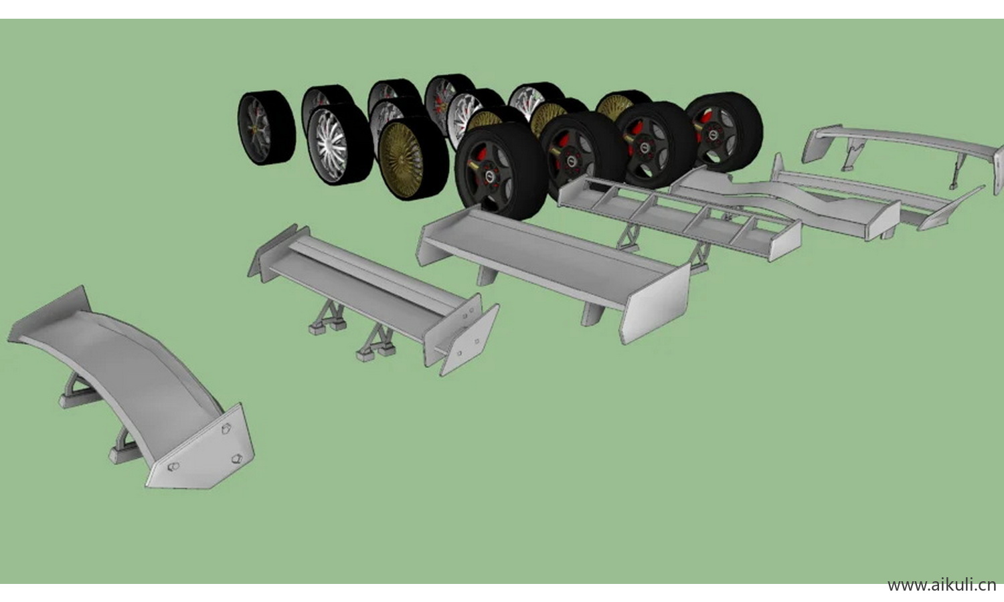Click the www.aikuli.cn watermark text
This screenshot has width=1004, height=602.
[x=942, y=585]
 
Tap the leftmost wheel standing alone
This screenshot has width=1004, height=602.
[x=266, y=127]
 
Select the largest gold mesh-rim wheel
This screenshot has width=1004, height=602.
[x=413, y=159]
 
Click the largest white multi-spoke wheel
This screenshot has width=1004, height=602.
[x=340, y=144]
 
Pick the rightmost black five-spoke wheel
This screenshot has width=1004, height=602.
[x=724, y=132]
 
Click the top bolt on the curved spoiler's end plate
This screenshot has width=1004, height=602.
[x=226, y=427]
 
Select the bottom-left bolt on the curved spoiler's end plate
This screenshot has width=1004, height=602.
[x=173, y=466]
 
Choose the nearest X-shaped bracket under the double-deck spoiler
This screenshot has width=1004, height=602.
[x=375, y=342]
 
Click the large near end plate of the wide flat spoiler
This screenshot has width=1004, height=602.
[x=655, y=303]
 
